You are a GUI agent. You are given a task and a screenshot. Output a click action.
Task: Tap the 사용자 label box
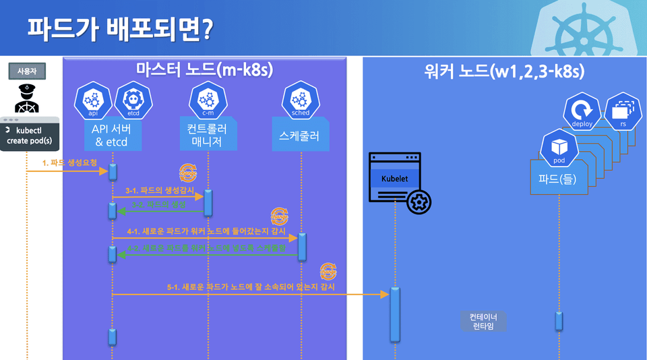(x=26, y=69)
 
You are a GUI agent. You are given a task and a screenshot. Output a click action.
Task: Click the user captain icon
(x=26, y=98)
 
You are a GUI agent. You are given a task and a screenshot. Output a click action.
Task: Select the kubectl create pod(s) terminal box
(x=28, y=136)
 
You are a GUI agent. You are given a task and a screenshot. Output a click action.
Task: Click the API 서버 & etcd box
(x=113, y=135)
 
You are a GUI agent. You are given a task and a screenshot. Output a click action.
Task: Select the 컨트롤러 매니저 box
(x=208, y=134)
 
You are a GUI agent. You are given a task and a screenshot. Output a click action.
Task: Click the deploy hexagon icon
(x=581, y=112)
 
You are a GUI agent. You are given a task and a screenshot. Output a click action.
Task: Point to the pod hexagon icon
(x=558, y=149)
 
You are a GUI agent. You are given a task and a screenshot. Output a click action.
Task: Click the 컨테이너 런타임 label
(x=483, y=321)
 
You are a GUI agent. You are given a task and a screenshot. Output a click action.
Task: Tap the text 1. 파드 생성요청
(x=69, y=162)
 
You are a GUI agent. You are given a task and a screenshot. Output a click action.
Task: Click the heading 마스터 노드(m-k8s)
(x=204, y=69)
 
